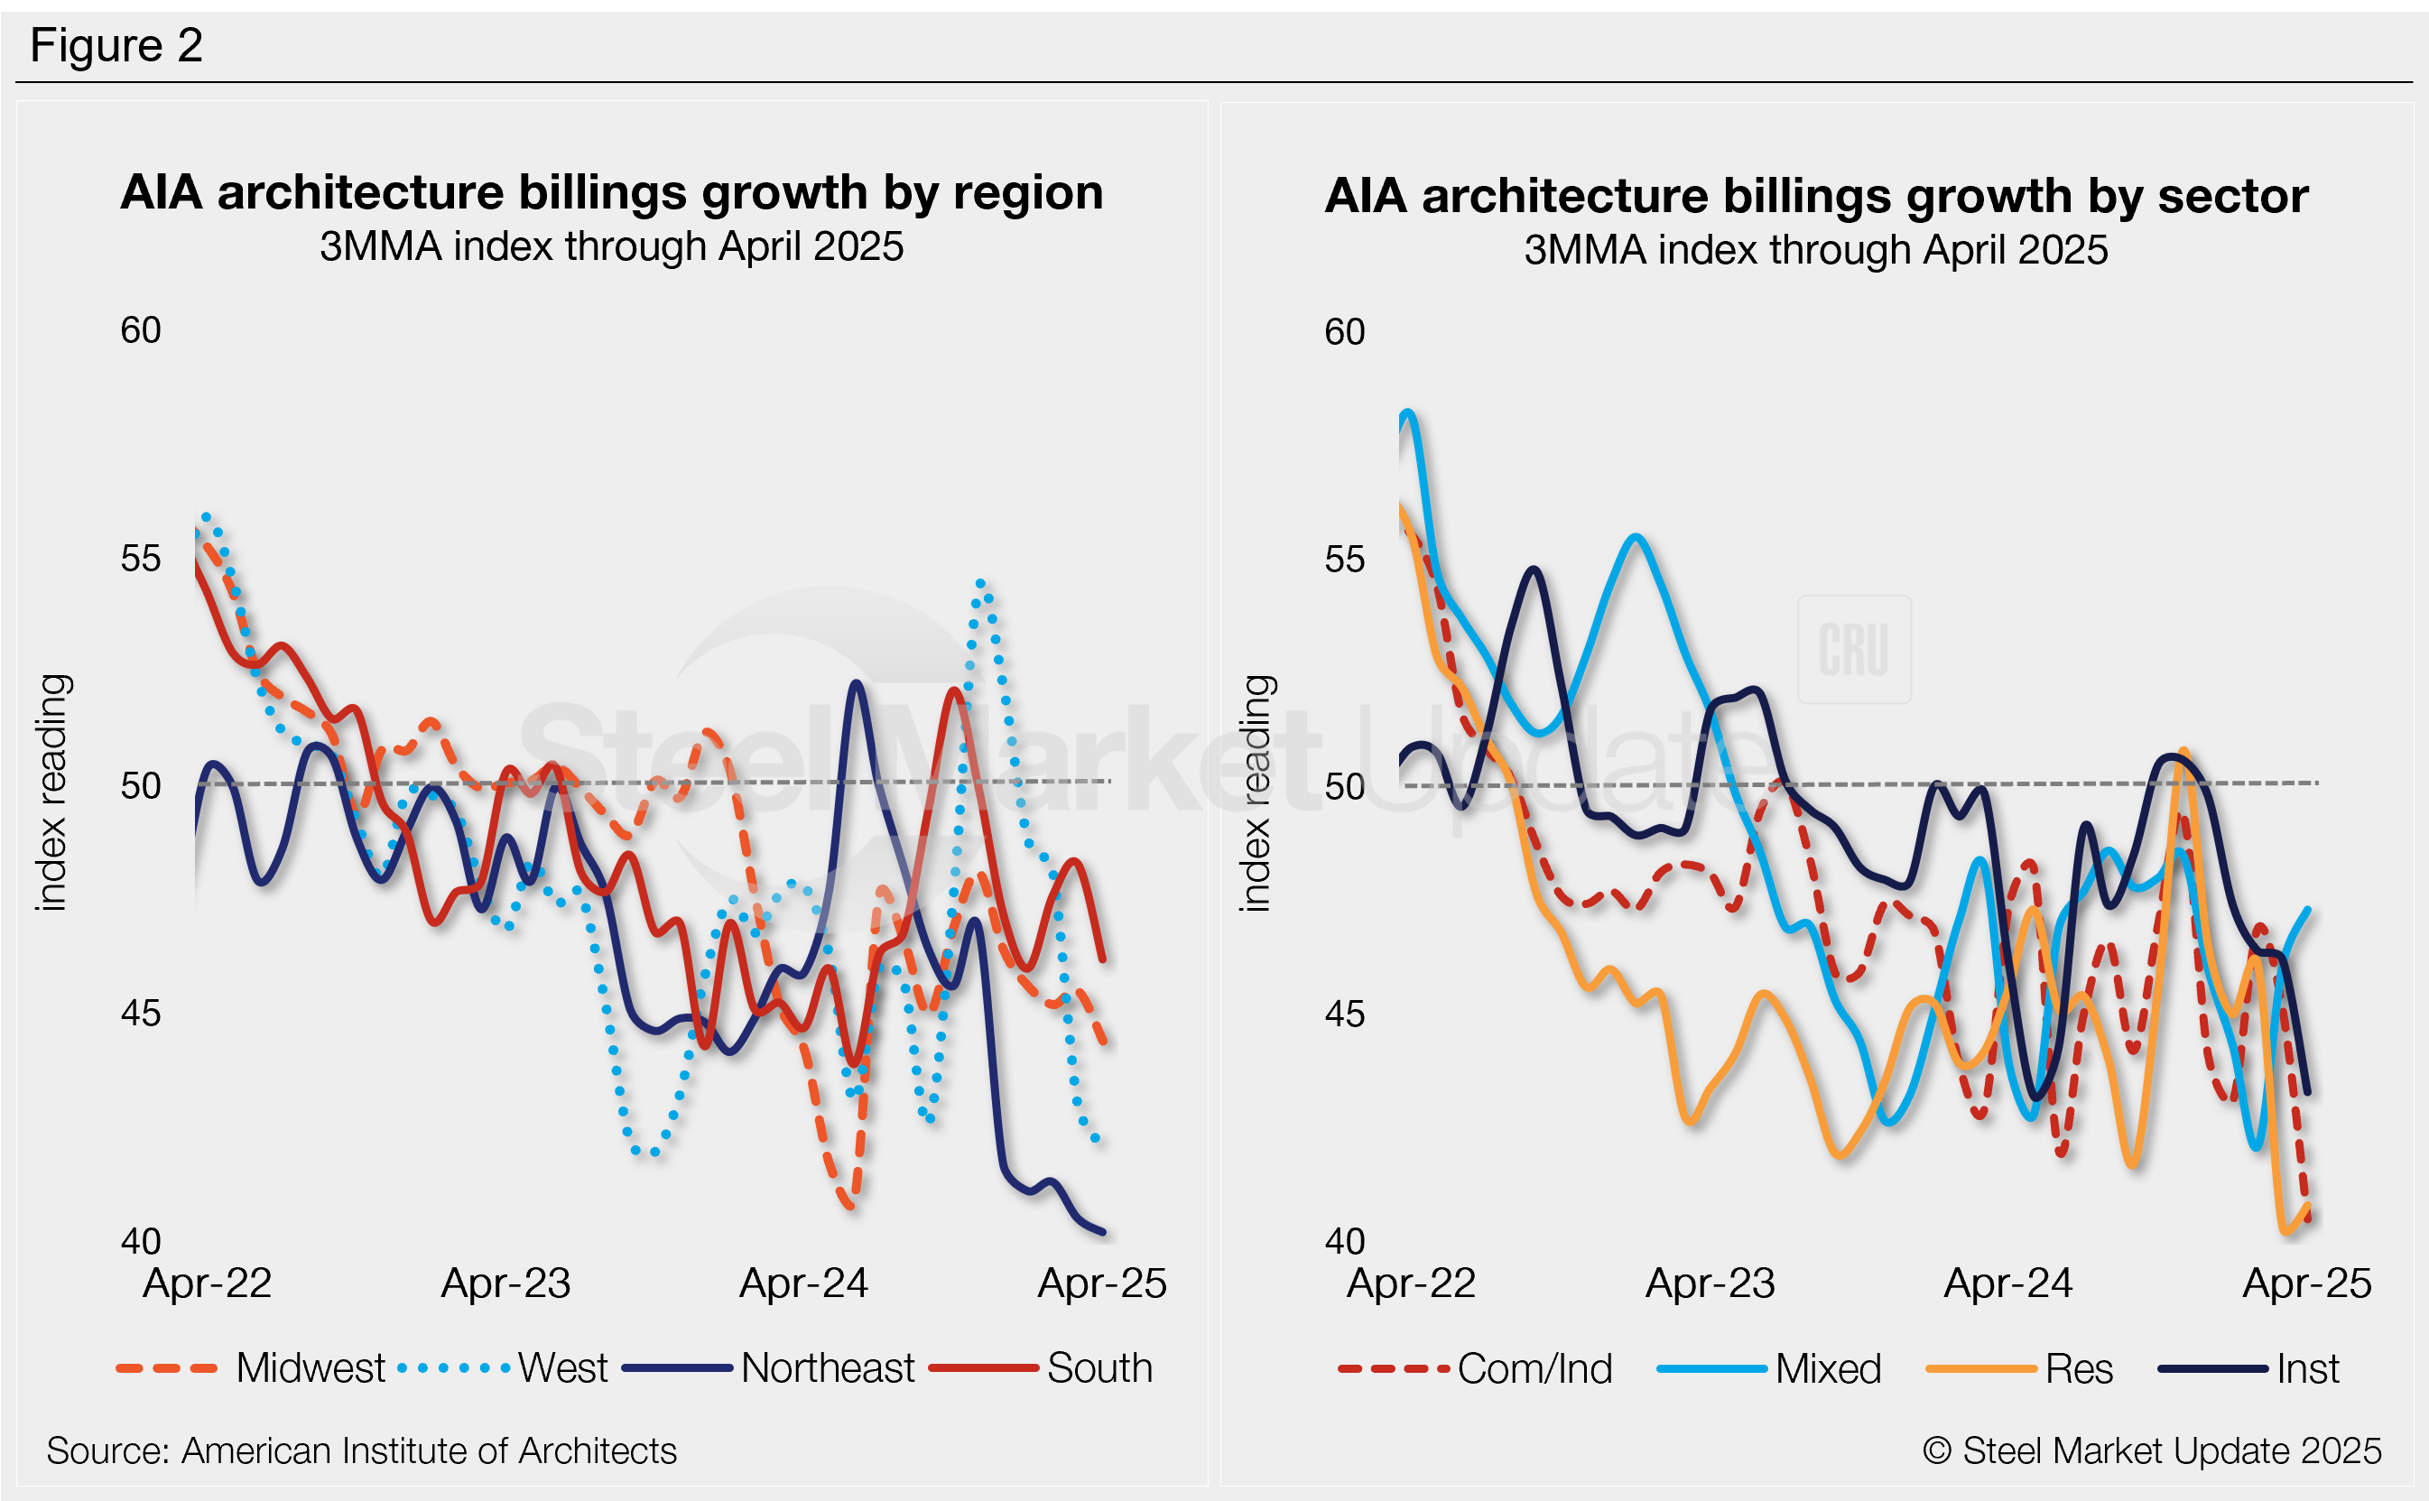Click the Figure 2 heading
pos(116,46)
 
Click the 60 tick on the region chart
pos(141,330)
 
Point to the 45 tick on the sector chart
pos(1344,1015)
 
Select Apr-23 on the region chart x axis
pos(505,1283)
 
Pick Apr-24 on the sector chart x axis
pos(2007,1283)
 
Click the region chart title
pos(611,192)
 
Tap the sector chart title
pos(1815,197)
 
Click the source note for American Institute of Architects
pos(361,1451)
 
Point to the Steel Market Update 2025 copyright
pos(2151,1451)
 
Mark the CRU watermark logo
pos(1853,649)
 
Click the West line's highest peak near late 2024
pos(981,584)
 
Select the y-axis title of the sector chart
pos(1255,792)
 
